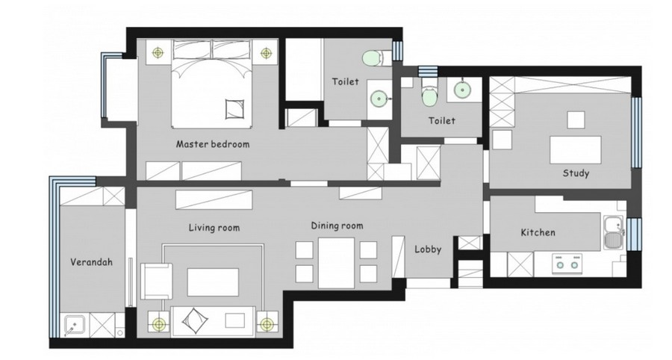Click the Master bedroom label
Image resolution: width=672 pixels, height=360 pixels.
(213, 144)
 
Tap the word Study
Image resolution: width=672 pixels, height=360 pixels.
(576, 173)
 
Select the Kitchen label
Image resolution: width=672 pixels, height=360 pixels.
(538, 232)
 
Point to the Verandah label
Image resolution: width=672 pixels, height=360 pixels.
(91, 262)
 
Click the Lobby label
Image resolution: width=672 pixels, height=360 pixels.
(428, 249)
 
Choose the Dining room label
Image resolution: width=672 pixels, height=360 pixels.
(337, 226)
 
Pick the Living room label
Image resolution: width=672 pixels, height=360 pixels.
(214, 227)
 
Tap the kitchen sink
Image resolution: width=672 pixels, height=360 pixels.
(614, 234)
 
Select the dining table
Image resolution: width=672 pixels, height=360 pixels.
(337, 263)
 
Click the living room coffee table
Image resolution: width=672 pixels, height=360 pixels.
(213, 282)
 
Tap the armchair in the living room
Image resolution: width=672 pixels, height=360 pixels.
(157, 281)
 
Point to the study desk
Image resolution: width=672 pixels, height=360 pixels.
(575, 149)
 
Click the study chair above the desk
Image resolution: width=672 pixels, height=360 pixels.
(576, 120)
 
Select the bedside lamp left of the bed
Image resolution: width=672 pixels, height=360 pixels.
(158, 53)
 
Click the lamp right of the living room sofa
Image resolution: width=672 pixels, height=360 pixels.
(267, 324)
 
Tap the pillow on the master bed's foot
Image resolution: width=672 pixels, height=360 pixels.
(234, 109)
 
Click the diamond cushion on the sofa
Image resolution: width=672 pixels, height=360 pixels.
(195, 320)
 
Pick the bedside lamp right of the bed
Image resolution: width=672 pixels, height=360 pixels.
(266, 53)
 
